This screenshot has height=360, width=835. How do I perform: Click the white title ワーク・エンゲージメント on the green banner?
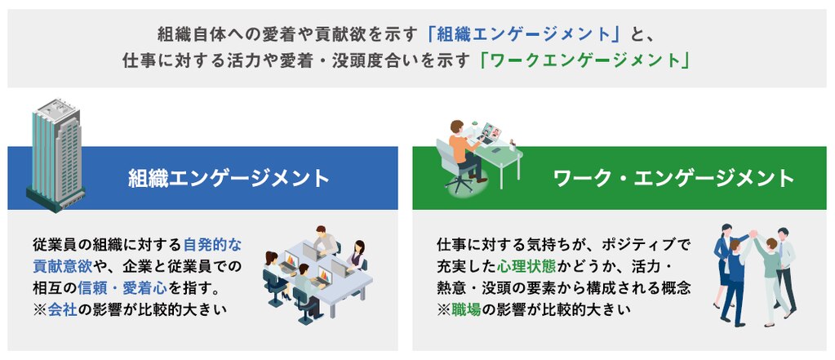(x=674, y=179)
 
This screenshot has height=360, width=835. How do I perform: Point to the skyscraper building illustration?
(x=56, y=154)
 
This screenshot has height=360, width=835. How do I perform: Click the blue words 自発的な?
(x=212, y=245)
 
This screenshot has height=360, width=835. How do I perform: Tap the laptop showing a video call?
(x=490, y=133)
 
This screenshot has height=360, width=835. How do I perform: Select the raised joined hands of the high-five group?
(x=753, y=233)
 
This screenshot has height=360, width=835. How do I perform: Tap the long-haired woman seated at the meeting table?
(x=357, y=256)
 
